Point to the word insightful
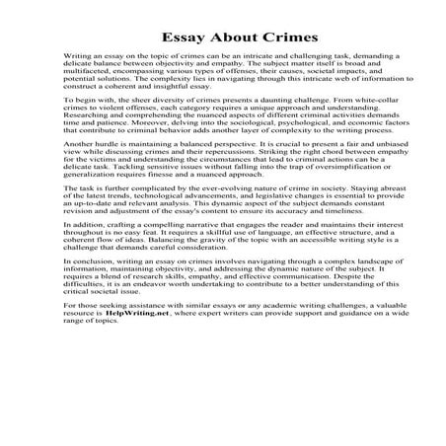(196, 107)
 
